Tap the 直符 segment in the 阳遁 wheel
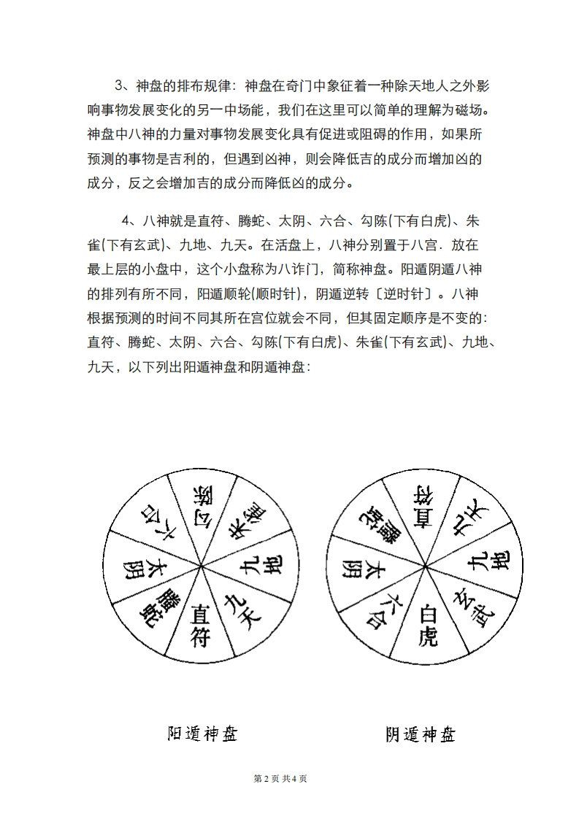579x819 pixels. pos(200,625)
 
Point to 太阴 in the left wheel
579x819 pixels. pos(139,568)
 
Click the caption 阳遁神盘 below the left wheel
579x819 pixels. pos(202,733)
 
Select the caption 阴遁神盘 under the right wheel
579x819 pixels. pos(421,734)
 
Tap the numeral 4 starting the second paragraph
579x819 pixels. pos(126,221)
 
